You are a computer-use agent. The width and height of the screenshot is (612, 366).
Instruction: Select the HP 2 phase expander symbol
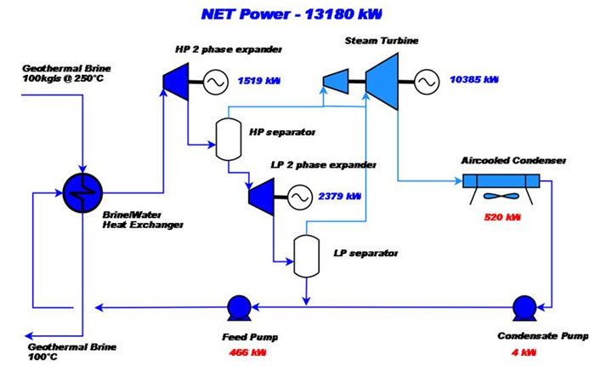pos(173,80)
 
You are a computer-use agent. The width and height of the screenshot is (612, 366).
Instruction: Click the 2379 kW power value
pos(340,197)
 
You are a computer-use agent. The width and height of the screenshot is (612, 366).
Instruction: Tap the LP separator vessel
pos(305,251)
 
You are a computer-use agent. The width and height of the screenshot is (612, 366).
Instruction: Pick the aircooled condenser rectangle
pos(501,180)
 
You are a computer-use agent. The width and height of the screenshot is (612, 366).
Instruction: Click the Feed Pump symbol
pos(239,306)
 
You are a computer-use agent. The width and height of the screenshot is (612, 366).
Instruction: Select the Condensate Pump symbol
pos(524,306)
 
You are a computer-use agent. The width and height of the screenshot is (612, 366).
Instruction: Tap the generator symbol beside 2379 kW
pos(298,197)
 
